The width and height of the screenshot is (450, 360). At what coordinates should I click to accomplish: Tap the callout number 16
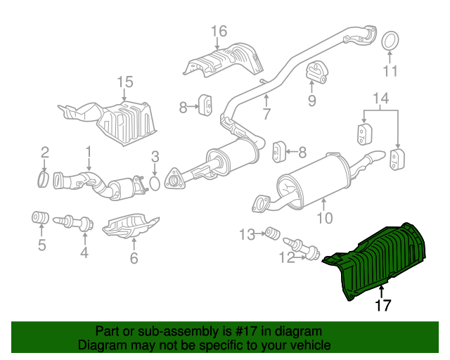coord(219,32)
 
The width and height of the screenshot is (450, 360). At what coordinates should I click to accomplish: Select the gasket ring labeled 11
coord(390,41)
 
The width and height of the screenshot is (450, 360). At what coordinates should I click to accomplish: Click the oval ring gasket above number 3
coord(155,184)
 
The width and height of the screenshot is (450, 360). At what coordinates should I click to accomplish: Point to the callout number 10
coord(325,218)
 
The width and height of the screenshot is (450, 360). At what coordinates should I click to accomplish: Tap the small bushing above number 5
coord(40,217)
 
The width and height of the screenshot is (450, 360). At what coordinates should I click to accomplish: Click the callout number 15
coord(125,82)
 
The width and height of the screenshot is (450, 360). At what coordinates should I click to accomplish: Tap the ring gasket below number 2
coord(43,179)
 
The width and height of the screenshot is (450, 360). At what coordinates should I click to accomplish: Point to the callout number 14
coord(381,98)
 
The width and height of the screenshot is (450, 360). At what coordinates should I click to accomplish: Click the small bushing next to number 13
coord(272,233)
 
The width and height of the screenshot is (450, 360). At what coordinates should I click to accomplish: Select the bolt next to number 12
coord(302,247)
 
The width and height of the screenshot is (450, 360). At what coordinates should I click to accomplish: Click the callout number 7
coord(266,114)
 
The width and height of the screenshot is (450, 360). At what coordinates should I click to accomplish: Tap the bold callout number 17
coord(382,305)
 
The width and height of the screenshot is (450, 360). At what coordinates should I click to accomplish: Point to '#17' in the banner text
coord(243,331)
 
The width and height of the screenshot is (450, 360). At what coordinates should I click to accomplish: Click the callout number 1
coord(89,152)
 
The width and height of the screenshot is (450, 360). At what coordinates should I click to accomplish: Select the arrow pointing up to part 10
coord(324,205)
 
